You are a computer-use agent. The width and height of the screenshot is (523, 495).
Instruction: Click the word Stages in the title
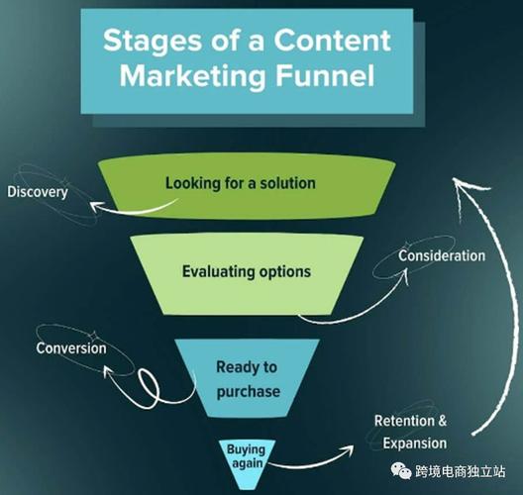153,42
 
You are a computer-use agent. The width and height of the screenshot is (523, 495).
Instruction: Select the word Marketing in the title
192,77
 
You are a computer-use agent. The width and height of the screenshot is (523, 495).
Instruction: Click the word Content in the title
332,40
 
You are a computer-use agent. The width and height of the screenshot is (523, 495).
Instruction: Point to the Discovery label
38,192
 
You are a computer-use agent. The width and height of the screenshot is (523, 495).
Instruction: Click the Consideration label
442,256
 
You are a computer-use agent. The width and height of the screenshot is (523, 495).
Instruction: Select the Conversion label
71,348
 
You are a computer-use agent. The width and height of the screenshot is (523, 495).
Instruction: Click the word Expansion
415,444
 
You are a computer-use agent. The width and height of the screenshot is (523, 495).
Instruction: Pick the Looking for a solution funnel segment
247,185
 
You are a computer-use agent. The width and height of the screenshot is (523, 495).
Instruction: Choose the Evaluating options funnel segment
247,274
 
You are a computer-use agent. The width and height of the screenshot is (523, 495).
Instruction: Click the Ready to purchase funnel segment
247,377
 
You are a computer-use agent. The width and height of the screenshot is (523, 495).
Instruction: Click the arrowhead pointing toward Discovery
95,206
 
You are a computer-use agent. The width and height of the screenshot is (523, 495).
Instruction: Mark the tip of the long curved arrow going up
453,178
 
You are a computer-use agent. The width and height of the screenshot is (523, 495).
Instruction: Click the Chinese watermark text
460,471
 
